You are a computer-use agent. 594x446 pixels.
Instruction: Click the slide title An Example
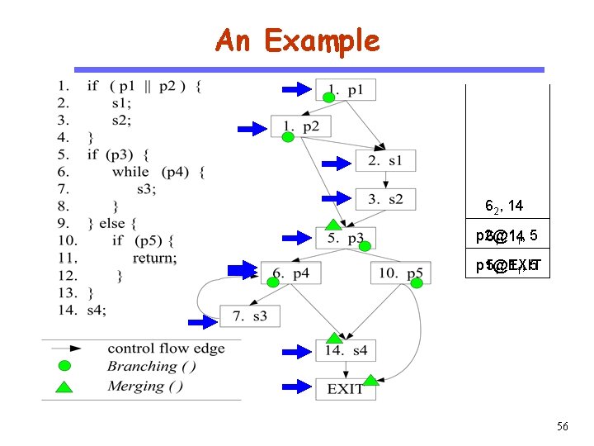pos(297,40)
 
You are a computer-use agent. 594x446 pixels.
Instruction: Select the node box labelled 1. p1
pos(346,90)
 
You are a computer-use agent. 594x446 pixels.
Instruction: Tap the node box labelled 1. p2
pos(300,126)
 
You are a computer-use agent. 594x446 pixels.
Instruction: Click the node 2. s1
pos(385,160)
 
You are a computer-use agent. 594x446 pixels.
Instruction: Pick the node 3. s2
pos(385,199)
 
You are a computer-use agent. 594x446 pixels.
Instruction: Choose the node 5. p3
pos(346,238)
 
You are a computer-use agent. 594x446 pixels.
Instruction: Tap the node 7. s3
pos(249,316)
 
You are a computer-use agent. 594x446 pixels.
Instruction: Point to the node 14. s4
pos(346,350)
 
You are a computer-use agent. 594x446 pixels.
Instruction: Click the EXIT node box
pos(346,388)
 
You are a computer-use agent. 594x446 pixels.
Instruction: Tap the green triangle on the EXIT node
pos(371,381)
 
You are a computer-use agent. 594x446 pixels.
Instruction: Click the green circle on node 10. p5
pos(417,282)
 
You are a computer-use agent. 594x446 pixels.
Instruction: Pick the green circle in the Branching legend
pos(64,366)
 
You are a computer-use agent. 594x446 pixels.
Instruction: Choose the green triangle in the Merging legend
pos(64,385)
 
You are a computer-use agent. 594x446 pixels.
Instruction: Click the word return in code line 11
pos(153,258)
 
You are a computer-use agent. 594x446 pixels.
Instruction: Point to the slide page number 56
pos(562,426)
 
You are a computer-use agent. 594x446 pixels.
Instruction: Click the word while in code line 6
pos(131,172)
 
